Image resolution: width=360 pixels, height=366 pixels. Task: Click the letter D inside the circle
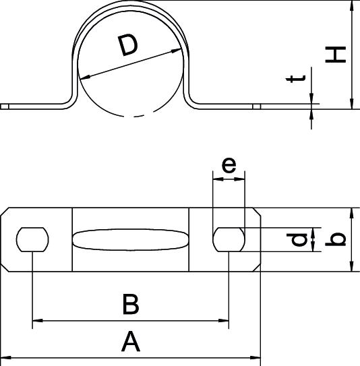pos(128,45)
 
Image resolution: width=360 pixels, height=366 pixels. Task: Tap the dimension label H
pos(336,55)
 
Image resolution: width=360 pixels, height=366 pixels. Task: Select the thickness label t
pos(296,79)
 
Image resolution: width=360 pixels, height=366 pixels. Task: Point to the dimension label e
pos(229,165)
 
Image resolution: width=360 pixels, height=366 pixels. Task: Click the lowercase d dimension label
pos(297,240)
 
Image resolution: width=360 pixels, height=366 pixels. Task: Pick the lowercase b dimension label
pos(336,239)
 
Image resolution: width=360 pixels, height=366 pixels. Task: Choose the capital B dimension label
pos(131,305)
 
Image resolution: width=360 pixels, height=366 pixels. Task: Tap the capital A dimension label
pos(131,341)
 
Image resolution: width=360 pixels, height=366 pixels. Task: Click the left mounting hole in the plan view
pos(32,239)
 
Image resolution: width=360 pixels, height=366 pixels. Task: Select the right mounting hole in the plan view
pos(229,239)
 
